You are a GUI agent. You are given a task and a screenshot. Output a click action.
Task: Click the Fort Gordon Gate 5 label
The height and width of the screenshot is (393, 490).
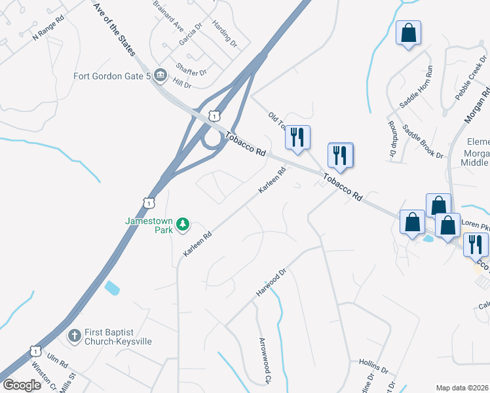click(112, 76)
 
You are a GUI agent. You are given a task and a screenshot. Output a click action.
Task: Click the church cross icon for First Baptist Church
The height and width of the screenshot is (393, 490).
click(74, 336)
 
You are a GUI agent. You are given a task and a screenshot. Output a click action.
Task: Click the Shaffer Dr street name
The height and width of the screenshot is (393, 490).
click(191, 69)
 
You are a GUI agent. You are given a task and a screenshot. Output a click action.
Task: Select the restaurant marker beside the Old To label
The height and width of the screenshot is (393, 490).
click(297, 138)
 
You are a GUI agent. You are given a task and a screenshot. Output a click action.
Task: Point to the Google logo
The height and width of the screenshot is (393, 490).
click(22, 385)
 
